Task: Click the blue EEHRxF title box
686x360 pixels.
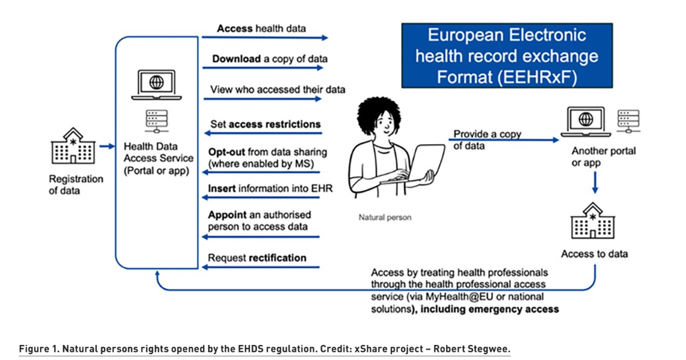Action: (507, 56)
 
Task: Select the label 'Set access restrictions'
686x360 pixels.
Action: (265, 124)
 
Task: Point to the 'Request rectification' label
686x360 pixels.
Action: (257, 257)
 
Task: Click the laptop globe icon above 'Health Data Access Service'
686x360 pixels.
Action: (156, 82)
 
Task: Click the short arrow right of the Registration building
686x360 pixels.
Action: (107, 146)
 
